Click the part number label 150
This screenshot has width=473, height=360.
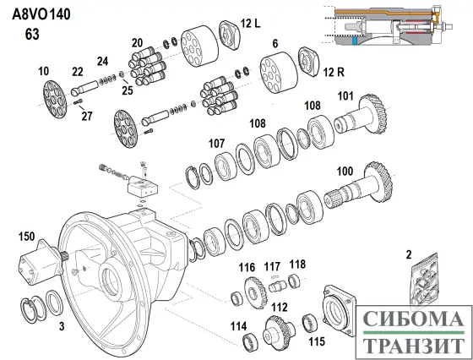[26, 237]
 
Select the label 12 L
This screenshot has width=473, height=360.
[250, 23]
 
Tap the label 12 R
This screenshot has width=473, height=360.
[334, 73]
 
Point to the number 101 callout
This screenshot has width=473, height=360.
[345, 96]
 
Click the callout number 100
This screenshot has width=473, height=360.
[345, 172]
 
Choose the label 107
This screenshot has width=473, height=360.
[216, 144]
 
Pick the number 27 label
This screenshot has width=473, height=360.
[87, 116]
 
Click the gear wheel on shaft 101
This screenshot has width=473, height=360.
[373, 113]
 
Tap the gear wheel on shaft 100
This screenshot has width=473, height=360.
[378, 182]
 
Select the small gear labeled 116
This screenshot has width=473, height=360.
[256, 292]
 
